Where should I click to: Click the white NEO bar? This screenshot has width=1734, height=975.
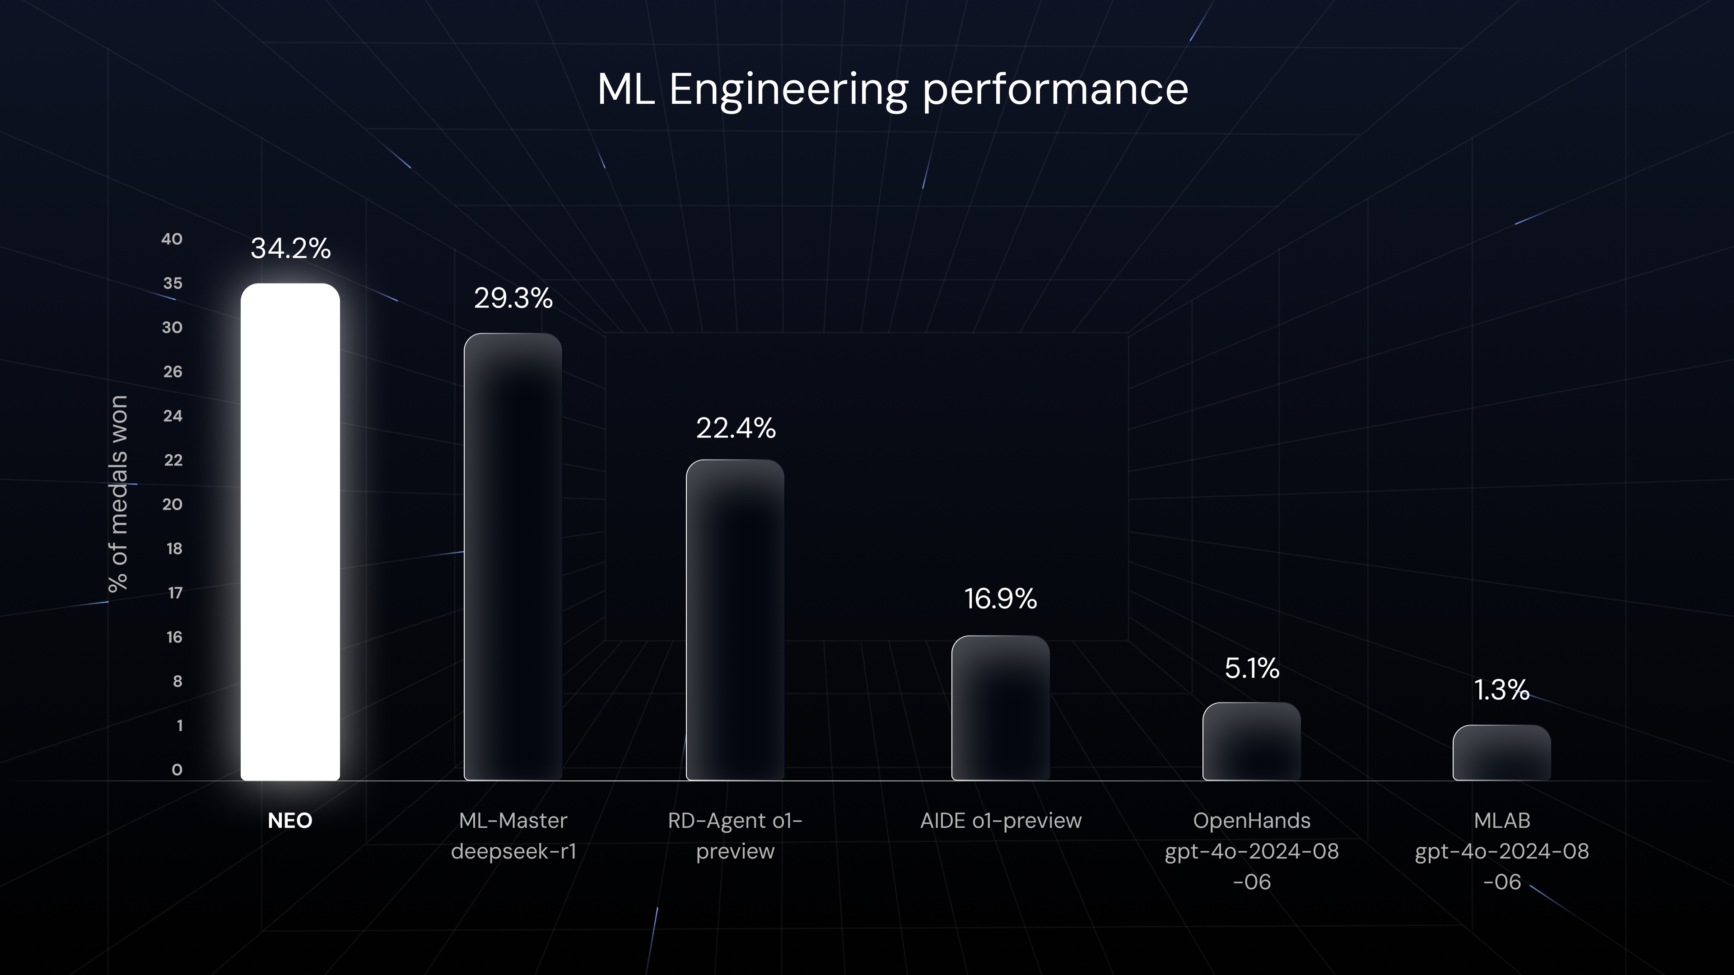290,532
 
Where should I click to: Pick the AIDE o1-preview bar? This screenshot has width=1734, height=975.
1000,708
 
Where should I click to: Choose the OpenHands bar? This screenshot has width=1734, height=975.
1251,742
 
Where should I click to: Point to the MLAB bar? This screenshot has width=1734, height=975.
1502,752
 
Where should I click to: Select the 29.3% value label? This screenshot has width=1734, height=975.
513,298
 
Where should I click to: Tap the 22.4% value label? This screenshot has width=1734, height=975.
736,428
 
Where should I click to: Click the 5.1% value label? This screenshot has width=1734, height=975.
1251,668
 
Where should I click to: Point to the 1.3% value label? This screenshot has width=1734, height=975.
1502,690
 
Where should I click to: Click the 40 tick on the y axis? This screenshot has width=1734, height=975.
172,239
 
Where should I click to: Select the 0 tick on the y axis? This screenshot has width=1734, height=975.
177,770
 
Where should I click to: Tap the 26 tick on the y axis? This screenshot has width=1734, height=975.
172,371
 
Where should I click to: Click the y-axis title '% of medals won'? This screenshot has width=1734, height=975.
118,494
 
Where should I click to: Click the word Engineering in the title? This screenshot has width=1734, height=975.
788,89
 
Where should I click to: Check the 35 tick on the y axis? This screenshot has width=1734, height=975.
172,283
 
